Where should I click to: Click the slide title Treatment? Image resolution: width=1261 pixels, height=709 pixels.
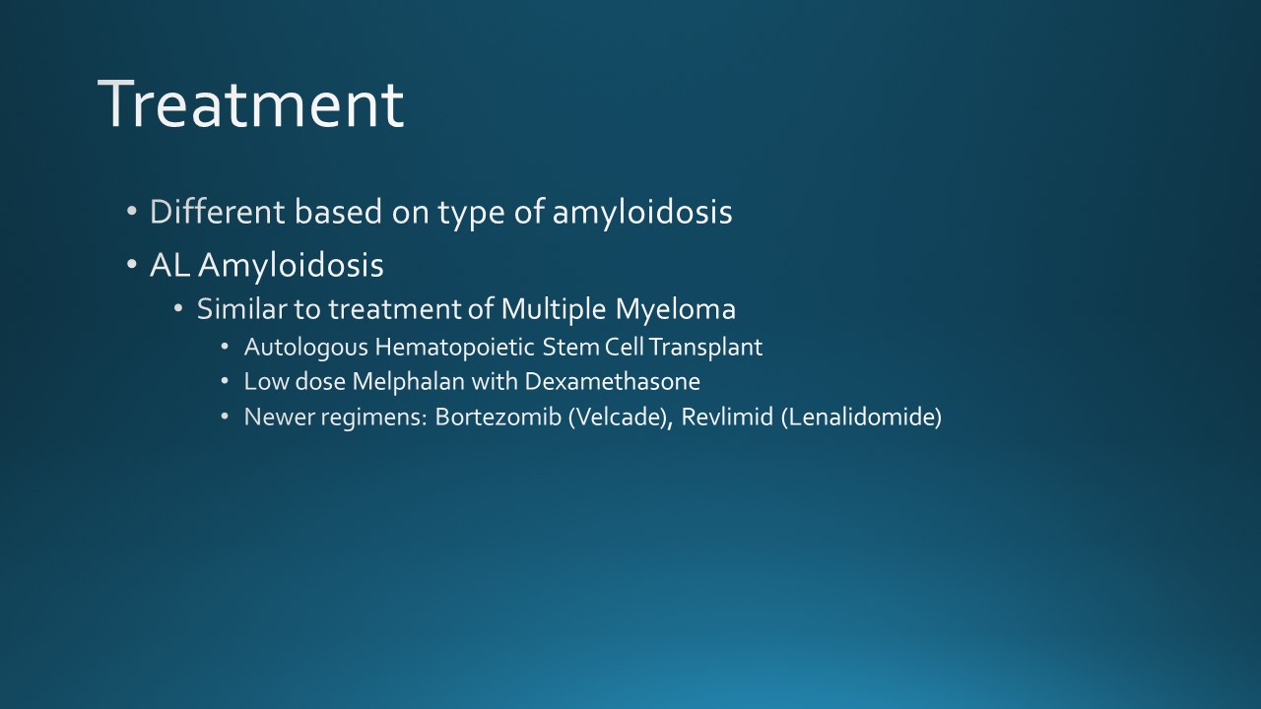point(251,104)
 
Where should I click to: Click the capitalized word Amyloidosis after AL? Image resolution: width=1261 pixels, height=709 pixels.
point(291,266)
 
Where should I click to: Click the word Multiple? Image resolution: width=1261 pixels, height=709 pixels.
point(554,310)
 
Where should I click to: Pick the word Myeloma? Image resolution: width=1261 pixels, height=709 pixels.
point(676,310)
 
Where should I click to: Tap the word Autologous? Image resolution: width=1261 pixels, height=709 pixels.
point(306,349)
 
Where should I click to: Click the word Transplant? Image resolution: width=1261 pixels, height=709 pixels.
point(706,349)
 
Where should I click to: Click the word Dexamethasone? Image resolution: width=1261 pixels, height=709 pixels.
point(613,382)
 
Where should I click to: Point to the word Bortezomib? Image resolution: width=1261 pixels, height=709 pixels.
point(498,418)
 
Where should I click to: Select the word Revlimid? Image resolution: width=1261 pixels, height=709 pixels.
point(727,418)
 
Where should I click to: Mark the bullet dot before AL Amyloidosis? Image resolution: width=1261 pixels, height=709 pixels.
point(132,264)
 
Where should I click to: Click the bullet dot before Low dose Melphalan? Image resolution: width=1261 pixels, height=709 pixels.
point(226,381)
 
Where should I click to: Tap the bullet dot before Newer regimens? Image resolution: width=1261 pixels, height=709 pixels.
point(226,417)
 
